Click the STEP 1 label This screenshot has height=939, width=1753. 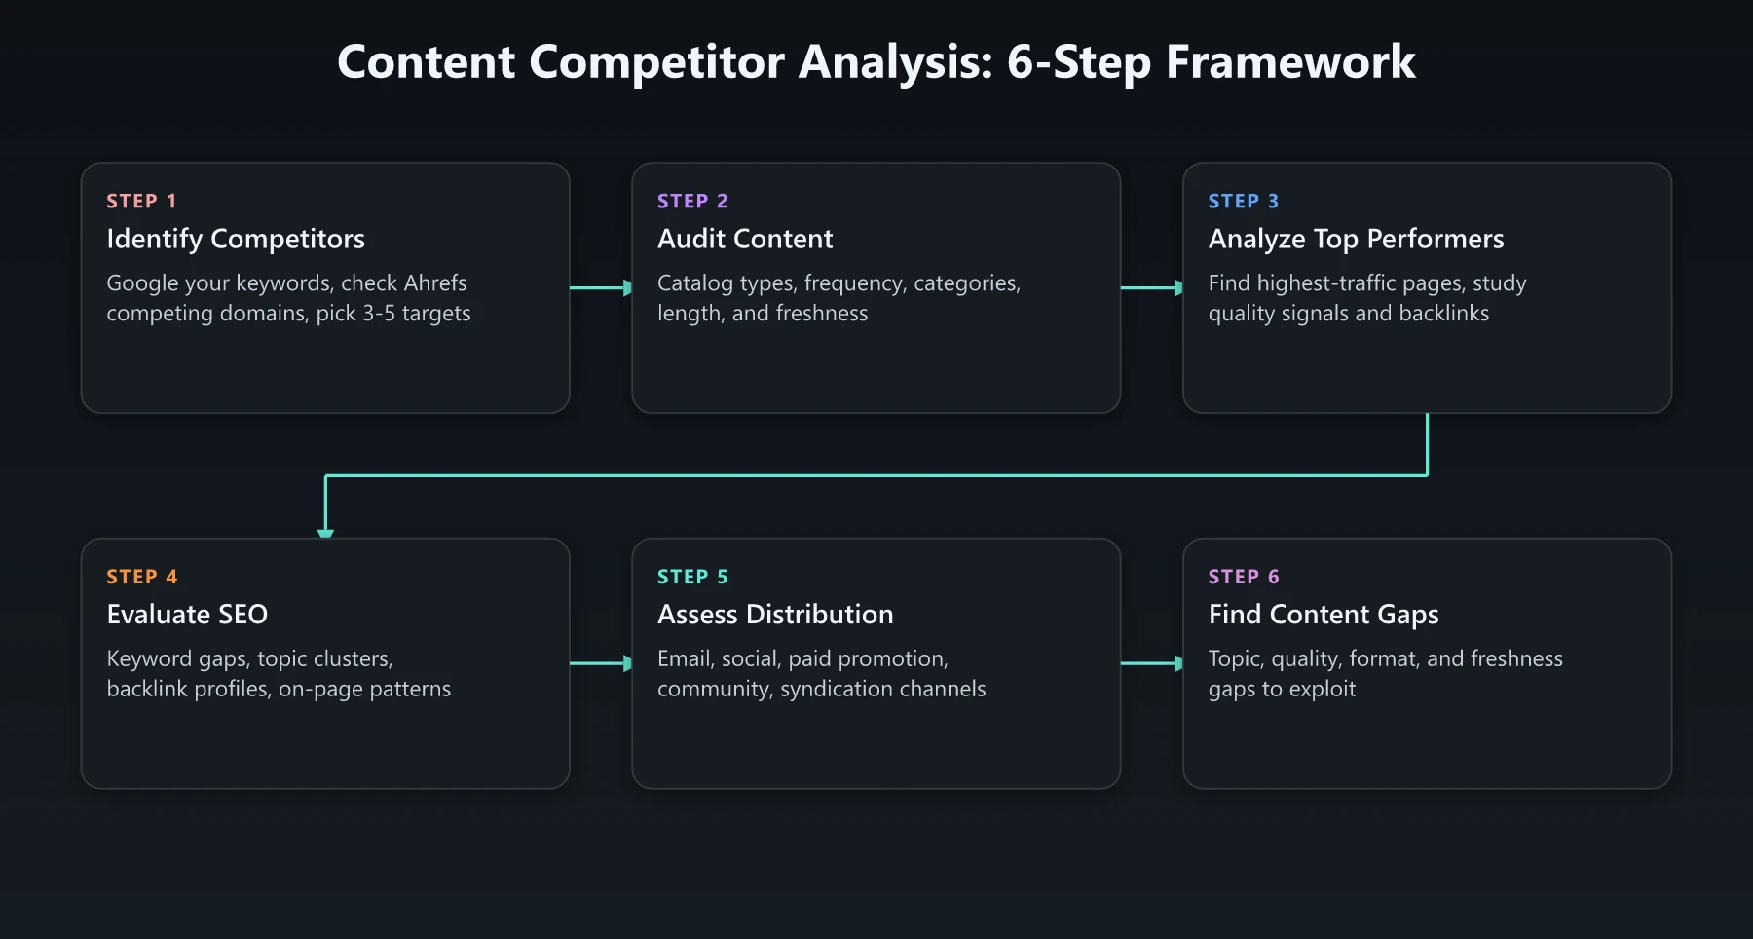(x=141, y=201)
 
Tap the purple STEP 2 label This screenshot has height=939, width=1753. (x=692, y=201)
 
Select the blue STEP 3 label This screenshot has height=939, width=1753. (x=1244, y=201)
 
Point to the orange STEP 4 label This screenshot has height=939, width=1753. (x=142, y=577)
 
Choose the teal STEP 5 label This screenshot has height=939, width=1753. (x=692, y=577)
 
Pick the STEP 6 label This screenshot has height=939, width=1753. (x=1244, y=577)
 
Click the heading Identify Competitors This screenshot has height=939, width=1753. (x=236, y=239)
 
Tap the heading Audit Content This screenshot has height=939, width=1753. (x=745, y=239)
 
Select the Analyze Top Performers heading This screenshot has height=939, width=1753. (x=1356, y=239)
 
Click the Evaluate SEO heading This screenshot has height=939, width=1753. (x=187, y=615)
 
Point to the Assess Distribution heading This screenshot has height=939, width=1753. (x=775, y=615)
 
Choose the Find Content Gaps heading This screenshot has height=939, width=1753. (x=1324, y=615)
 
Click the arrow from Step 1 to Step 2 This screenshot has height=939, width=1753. (x=601, y=287)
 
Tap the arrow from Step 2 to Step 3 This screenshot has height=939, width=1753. (x=1152, y=287)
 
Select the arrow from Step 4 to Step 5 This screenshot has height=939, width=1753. (x=601, y=663)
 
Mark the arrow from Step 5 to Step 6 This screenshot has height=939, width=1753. (x=1152, y=663)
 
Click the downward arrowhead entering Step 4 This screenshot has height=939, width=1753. (x=325, y=532)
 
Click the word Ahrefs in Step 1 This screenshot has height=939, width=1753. (x=435, y=283)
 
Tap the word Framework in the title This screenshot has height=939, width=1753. (x=1290, y=62)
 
